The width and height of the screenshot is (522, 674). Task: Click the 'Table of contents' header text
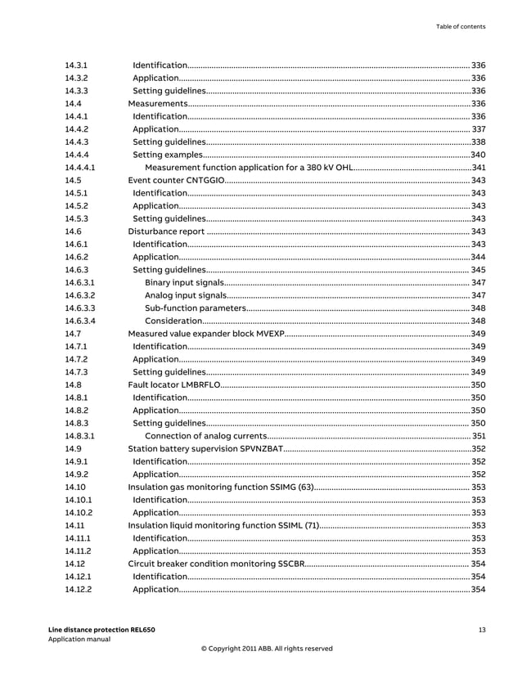(x=460, y=27)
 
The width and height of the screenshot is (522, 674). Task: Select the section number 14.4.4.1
(x=80, y=167)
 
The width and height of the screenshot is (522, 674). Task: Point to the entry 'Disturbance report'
(x=166, y=231)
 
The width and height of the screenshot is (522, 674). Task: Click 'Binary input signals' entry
(x=185, y=282)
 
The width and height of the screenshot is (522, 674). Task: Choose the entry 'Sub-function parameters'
(x=195, y=308)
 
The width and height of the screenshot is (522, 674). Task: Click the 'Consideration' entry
(x=174, y=321)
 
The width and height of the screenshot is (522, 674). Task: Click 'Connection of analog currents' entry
(x=205, y=436)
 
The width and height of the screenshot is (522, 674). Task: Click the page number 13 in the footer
(x=482, y=629)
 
